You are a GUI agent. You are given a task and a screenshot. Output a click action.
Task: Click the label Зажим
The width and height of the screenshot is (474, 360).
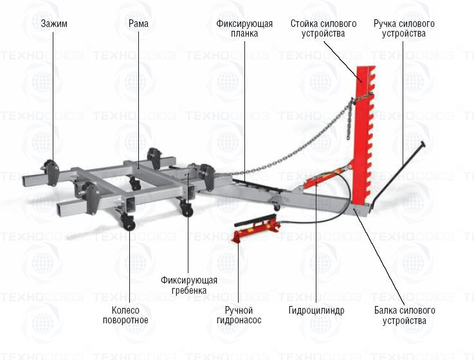click(x=54, y=24)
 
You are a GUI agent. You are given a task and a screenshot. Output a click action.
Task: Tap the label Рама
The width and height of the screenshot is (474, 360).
click(x=138, y=24)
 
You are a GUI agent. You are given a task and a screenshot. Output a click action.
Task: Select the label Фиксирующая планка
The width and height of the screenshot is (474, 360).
click(x=244, y=28)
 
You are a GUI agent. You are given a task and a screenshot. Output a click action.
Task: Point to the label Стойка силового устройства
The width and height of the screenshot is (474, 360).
click(x=323, y=28)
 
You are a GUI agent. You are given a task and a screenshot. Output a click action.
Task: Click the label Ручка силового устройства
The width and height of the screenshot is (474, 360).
click(x=404, y=28)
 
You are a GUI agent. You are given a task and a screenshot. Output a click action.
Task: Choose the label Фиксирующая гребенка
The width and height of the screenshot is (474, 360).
click(x=188, y=285)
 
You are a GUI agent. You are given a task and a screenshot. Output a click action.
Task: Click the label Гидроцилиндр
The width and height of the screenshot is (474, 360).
click(x=316, y=310)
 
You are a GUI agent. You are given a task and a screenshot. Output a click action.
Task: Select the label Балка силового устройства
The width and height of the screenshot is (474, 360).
click(x=405, y=315)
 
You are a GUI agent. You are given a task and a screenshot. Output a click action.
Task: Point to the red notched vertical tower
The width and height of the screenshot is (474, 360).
click(x=363, y=129)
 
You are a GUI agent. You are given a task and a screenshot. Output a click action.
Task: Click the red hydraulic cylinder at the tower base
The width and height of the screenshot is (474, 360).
click(x=325, y=175)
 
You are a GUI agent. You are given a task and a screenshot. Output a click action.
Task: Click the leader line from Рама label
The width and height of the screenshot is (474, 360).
click(x=138, y=96)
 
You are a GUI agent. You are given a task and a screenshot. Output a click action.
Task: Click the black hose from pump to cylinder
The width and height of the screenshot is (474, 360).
click(x=302, y=219)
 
